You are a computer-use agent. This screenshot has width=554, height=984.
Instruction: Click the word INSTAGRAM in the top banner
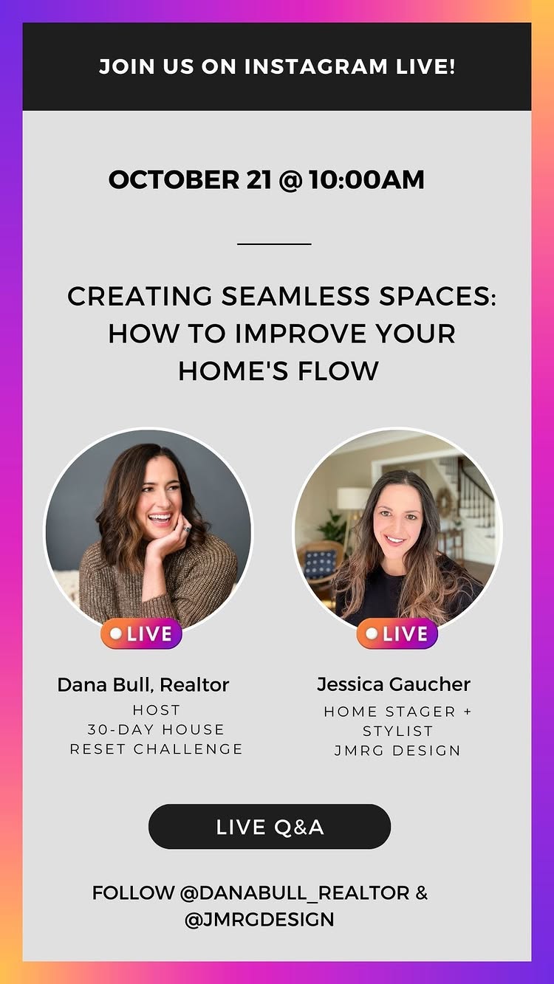point(315,66)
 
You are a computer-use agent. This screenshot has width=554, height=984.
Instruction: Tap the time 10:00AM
point(366,180)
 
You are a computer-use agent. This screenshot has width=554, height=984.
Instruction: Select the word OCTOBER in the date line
point(174,180)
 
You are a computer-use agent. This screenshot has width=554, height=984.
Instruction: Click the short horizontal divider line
point(274,244)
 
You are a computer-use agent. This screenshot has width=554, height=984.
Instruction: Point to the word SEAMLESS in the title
point(295,296)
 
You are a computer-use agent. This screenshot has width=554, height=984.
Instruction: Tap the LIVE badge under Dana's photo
point(141,633)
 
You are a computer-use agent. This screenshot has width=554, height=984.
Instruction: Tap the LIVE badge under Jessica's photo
point(397,633)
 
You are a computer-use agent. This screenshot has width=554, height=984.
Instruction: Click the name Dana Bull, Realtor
point(143,685)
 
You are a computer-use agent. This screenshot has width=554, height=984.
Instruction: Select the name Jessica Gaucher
point(394,684)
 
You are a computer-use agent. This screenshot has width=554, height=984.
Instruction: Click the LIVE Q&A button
point(270,827)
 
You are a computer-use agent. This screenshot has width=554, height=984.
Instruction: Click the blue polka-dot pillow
point(321,563)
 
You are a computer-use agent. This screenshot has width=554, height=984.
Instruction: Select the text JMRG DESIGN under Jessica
point(397,750)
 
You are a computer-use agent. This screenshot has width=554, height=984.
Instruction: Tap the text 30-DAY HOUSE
point(156,729)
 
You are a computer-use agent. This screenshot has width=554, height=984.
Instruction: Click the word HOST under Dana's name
point(156,710)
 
